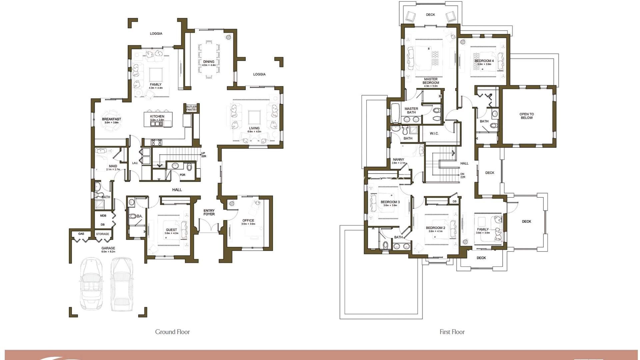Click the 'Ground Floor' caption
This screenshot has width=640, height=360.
[172, 332]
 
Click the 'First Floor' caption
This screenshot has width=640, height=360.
[452, 332]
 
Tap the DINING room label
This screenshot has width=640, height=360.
[209, 62]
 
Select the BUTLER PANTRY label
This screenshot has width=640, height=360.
[191, 108]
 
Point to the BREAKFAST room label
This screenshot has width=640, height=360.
[111, 119]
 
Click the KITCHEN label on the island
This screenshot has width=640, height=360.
[157, 117]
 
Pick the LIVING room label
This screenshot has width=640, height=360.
[254, 128]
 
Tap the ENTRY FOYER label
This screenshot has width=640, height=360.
[209, 212]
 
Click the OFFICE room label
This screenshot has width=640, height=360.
[248, 221]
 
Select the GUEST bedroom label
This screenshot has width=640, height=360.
[171, 230]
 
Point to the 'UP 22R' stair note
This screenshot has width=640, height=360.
[203, 155]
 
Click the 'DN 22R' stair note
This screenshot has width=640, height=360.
[463, 175]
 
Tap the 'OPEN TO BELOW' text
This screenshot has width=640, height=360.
[526, 116]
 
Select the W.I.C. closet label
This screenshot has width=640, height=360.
[434, 133]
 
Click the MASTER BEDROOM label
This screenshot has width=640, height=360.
[431, 81]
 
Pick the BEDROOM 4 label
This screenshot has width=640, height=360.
[484, 61]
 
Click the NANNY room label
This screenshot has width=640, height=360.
[398, 160]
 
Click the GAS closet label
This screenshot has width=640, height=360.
[81, 234]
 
